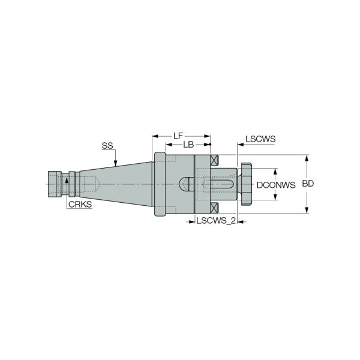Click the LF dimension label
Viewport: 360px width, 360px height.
178,136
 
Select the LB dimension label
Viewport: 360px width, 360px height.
188,146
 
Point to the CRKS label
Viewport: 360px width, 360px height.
80,205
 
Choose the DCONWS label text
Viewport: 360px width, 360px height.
276,185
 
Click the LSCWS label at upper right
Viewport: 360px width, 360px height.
260,139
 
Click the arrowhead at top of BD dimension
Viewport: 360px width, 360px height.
307,159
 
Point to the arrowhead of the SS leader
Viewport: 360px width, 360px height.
115,166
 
